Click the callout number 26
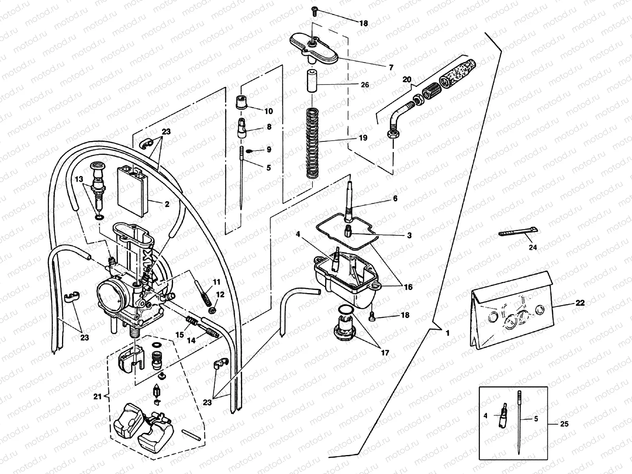point(365,85)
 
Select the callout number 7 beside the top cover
point(391,68)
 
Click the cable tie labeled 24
point(517,232)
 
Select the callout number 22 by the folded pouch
point(580,303)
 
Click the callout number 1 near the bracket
point(447,333)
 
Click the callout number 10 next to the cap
point(269,111)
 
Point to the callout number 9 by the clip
point(269,150)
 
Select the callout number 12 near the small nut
point(220,294)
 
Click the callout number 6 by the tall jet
point(395,198)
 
